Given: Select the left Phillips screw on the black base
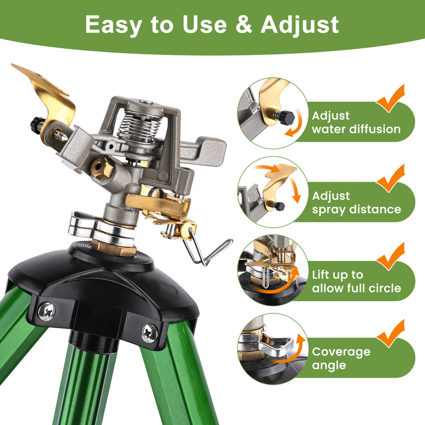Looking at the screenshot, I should click(x=46, y=311).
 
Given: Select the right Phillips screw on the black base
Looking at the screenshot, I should click(x=149, y=333).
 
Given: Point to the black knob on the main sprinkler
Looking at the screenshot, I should click(x=35, y=124).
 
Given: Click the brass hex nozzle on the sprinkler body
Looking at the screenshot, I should click(x=102, y=168).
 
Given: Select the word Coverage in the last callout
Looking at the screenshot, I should click(x=341, y=352).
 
